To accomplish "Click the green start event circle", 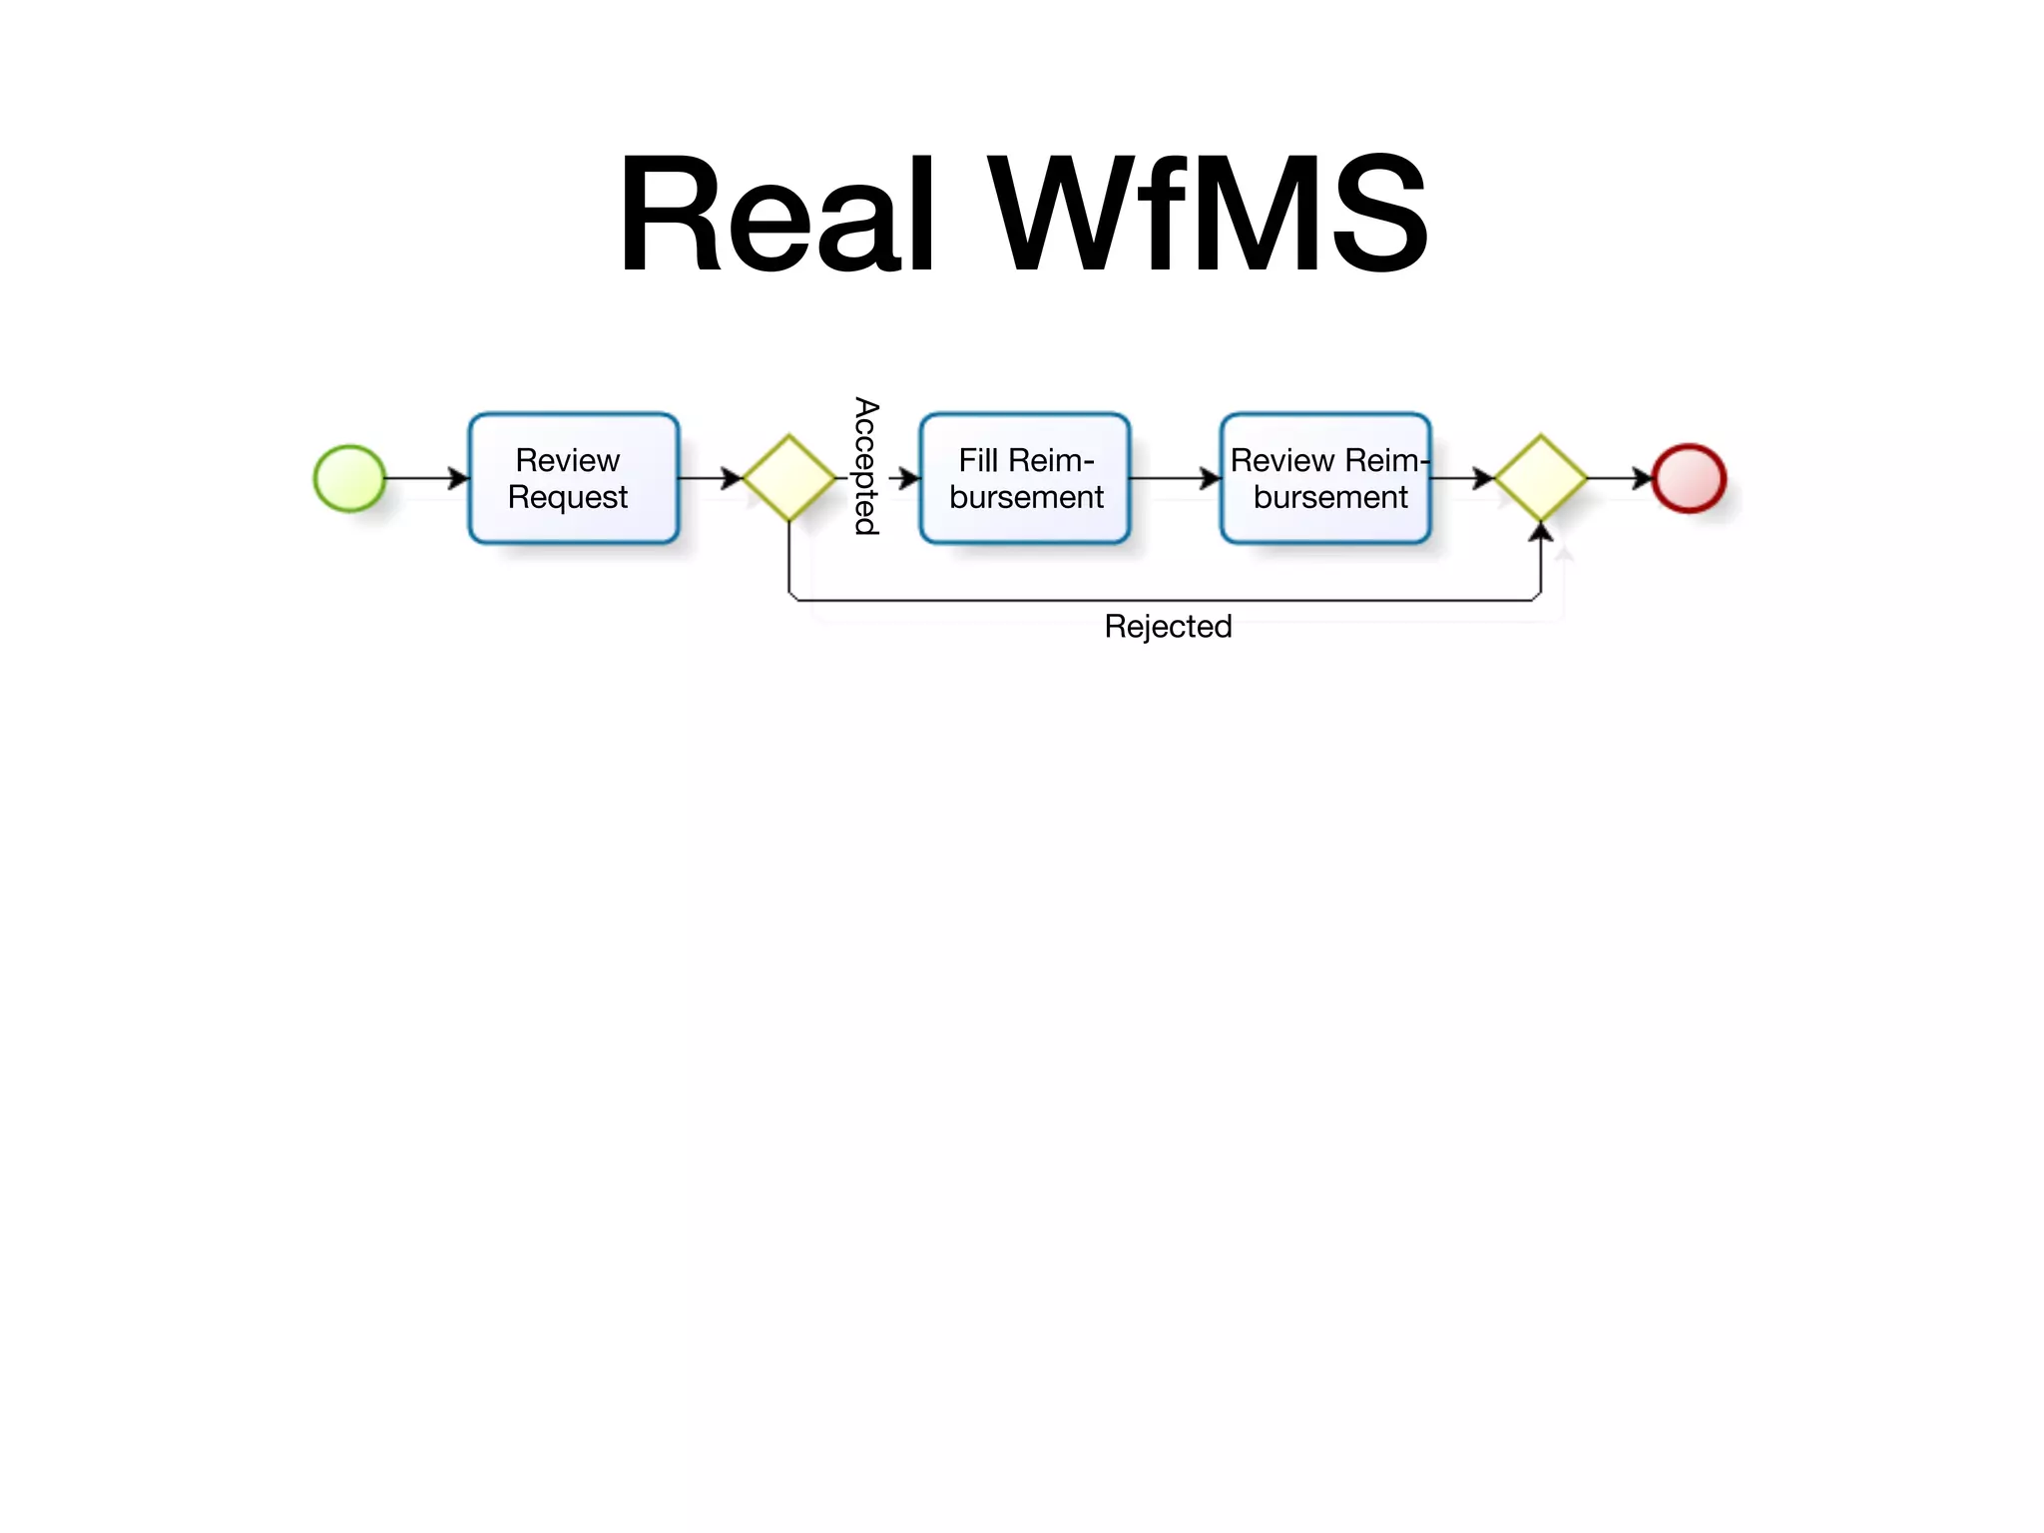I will (349, 479).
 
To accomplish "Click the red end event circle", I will (1689, 479).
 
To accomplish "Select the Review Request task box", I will (574, 479).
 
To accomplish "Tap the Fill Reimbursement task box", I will (1025, 479).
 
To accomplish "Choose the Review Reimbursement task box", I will (1325, 479).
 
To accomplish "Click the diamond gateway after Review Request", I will (789, 479).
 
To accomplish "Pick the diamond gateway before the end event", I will (1541, 479).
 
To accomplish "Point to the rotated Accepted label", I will (865, 466).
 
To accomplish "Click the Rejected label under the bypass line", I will (1168, 627).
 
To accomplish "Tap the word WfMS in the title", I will (1209, 214).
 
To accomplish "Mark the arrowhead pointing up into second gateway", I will (1541, 532).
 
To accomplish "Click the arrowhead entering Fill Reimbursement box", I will (909, 479).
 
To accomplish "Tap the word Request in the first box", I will (567, 497).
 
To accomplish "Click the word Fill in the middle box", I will (978, 461).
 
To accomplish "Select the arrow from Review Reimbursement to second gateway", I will (1462, 479).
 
